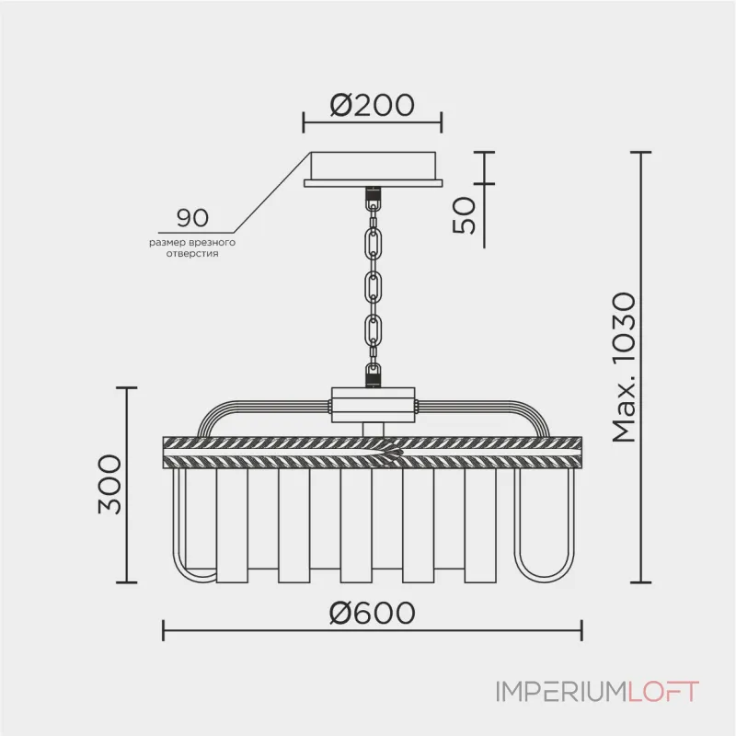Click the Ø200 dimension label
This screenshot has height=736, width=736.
(373, 106)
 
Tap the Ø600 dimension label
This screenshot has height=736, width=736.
(373, 611)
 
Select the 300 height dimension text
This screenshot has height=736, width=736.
(109, 485)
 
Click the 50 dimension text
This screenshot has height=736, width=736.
(467, 215)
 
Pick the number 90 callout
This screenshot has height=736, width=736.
(192, 218)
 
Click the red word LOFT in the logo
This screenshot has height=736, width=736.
(663, 692)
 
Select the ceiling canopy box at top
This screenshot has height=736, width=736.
(373, 168)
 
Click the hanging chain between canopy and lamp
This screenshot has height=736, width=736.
(373, 285)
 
